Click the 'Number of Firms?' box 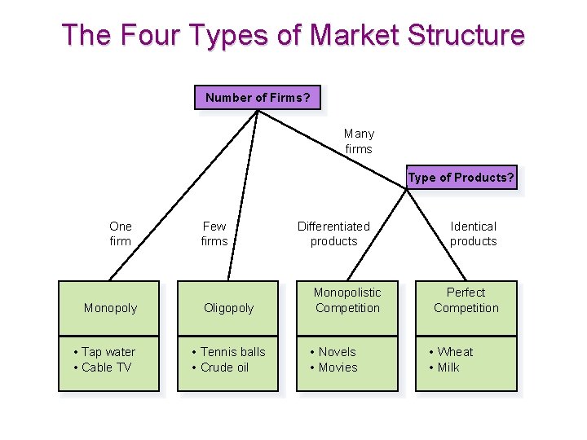coord(257,98)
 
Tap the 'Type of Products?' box coord(461,178)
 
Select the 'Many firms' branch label coord(359,141)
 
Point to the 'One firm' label coord(120,233)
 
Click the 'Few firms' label coord(214,233)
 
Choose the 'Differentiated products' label coord(333,233)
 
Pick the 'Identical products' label coord(473,233)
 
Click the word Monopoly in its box coord(110,308)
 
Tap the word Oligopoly coord(229,308)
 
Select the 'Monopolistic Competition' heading coord(347,300)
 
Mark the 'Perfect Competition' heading coord(466,300)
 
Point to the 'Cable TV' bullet coord(107,367)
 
